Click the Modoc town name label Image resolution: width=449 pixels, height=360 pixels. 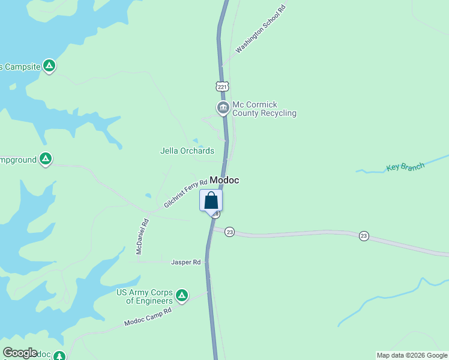click(224, 181)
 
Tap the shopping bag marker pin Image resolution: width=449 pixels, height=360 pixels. click(211, 200)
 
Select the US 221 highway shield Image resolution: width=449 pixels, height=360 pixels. click(223, 87)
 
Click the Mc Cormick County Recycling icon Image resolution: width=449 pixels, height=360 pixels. click(223, 108)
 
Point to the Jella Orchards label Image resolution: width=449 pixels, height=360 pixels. click(187, 151)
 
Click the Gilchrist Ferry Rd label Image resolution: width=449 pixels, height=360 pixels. click(185, 194)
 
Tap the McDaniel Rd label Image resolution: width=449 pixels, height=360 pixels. click(142, 236)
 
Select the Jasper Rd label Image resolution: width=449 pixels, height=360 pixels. click(185, 262)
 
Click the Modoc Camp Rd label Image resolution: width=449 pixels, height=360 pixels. click(148, 317)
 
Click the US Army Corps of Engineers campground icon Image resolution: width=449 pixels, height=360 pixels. click(182, 295)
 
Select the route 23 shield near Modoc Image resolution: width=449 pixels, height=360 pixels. click(229, 232)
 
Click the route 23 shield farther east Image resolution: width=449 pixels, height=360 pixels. click(364, 236)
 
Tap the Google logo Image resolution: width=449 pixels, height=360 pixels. click(20, 353)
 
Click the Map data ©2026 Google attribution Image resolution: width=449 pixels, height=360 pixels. click(412, 355)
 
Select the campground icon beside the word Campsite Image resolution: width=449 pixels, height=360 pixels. click(49, 65)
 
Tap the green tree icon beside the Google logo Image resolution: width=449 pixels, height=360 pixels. click(59, 356)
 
